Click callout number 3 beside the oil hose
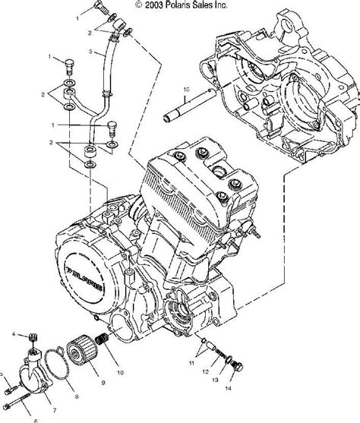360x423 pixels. (91, 52)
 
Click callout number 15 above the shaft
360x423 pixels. (185, 89)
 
